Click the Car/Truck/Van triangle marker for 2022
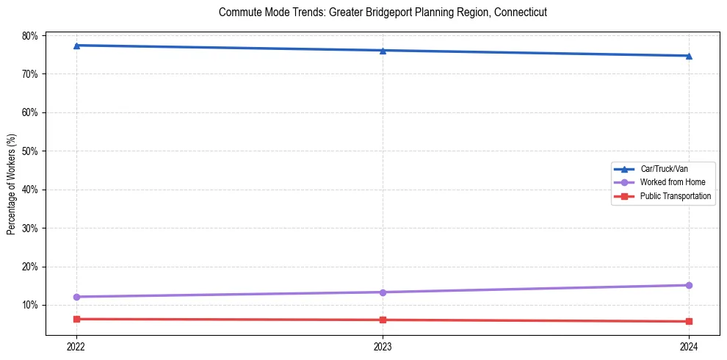(76, 46)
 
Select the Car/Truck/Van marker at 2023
(383, 51)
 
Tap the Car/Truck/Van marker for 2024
(689, 56)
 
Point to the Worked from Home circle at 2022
(76, 297)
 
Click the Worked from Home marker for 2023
(383, 292)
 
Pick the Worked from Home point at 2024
(689, 285)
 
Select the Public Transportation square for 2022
(76, 319)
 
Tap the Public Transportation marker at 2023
(383, 320)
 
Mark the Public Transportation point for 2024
(689, 321)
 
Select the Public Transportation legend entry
(675, 196)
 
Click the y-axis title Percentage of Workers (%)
(11, 184)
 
